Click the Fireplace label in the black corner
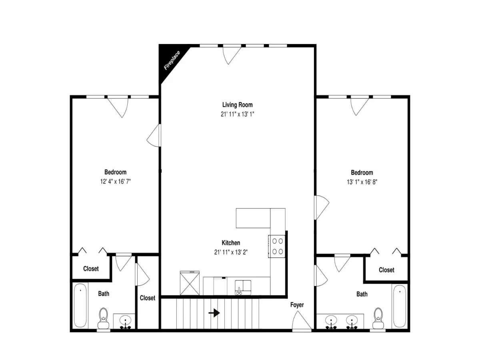pyautogui.click(x=172, y=60)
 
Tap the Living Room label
pyautogui.click(x=237, y=105)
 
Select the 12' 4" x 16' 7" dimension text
pyautogui.click(x=115, y=182)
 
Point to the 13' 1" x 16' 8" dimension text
pyautogui.click(x=362, y=182)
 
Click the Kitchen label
pyautogui.click(x=231, y=243)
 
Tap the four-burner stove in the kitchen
pyautogui.click(x=277, y=246)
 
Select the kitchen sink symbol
pyautogui.click(x=243, y=287)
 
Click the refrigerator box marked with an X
pyautogui.click(x=190, y=283)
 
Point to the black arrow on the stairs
pyautogui.click(x=214, y=313)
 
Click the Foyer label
pyautogui.click(x=297, y=305)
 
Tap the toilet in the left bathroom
pyautogui.click(x=103, y=318)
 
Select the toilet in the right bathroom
pyautogui.click(x=378, y=318)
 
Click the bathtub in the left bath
pyautogui.click(x=80, y=305)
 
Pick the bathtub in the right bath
pyautogui.click(x=400, y=306)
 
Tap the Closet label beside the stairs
pyautogui.click(x=147, y=298)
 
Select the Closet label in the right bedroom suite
pyautogui.click(x=386, y=270)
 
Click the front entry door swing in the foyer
pyautogui.click(x=302, y=320)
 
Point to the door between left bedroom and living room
pyautogui.click(x=154, y=136)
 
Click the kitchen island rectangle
pyautogui.click(x=253, y=218)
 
